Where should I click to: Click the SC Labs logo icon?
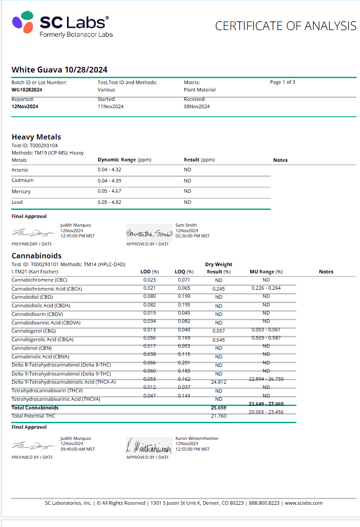pyautogui.click(x=23, y=22)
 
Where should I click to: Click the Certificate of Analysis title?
pyautogui.click(x=285, y=26)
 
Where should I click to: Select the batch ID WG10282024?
pyautogui.click(x=27, y=90)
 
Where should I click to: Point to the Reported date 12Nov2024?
pyautogui.click(x=25, y=106)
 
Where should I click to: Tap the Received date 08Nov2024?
pyautogui.click(x=197, y=106)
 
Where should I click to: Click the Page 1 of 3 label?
pyautogui.click(x=282, y=82)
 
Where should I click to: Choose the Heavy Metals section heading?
pyautogui.click(x=36, y=137)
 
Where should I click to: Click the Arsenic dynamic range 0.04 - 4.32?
pyautogui.click(x=110, y=170)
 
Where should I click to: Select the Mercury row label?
pyautogui.click(x=21, y=191)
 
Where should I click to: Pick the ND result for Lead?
pyautogui.click(x=188, y=202)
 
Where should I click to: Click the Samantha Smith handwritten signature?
pyautogui.click(x=149, y=233)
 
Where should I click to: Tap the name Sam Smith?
pyautogui.click(x=186, y=225)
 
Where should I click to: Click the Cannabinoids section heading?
pyautogui.click(x=36, y=256)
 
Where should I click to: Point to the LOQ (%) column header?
pyautogui.click(x=184, y=272)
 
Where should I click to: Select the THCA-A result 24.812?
pyautogui.click(x=219, y=382)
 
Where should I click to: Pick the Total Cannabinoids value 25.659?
pyautogui.click(x=218, y=408)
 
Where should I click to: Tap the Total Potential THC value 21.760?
pyautogui.click(x=218, y=416)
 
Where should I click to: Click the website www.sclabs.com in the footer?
pyautogui.click(x=303, y=503)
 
